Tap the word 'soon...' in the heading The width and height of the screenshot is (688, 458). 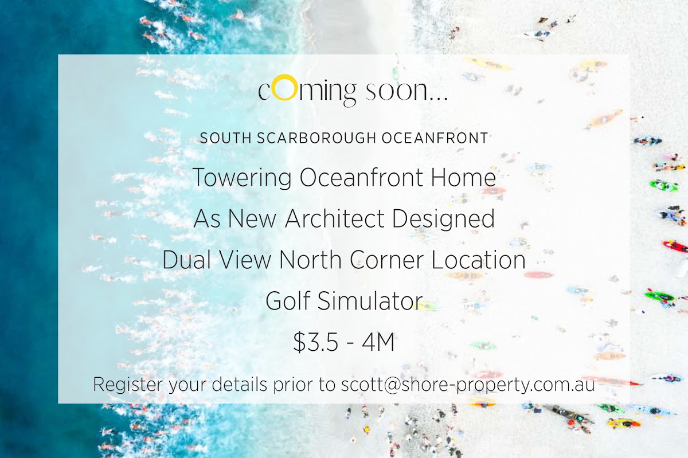click(406, 91)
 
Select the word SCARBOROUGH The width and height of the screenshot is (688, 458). click(316, 138)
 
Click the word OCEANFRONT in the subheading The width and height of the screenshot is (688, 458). click(435, 138)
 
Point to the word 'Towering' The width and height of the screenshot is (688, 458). click(243, 178)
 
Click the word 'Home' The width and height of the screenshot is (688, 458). click(463, 177)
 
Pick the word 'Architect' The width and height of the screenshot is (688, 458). click(335, 218)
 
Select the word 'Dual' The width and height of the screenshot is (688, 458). click(187, 260)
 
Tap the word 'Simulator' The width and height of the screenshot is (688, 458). click(370, 300)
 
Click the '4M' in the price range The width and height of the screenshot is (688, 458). click(378, 342)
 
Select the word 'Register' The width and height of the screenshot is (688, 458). click(127, 385)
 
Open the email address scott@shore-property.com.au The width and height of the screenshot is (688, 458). click(468, 385)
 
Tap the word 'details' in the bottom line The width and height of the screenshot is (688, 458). click(239, 384)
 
